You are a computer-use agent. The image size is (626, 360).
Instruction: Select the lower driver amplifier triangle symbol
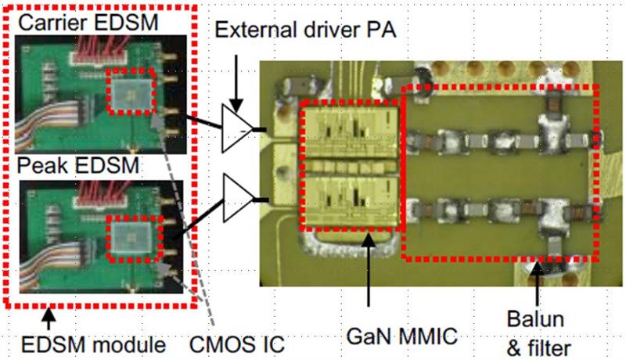(x=236, y=193)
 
